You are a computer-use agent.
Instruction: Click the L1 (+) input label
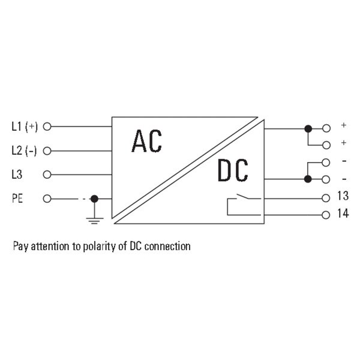tap(25, 127)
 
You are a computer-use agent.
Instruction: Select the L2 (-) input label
tap(24, 151)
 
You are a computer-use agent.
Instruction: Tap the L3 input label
tap(17, 175)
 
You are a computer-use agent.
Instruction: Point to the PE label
tap(17, 199)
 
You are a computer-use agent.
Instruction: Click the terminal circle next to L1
tap(47, 127)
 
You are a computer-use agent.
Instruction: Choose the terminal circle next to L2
tap(47, 151)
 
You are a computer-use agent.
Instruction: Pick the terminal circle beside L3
tap(47, 175)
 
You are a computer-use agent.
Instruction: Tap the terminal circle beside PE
tap(47, 199)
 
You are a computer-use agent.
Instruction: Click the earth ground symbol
tap(94, 220)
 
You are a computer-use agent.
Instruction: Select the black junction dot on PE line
tap(94, 199)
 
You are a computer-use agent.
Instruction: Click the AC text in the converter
tap(147, 141)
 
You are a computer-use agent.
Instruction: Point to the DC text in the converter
tap(233, 170)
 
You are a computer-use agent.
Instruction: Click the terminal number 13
tap(343, 196)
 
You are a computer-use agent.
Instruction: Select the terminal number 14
tap(343, 213)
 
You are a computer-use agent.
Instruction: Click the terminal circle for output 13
tap(326, 198)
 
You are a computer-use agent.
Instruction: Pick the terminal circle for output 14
tap(326, 215)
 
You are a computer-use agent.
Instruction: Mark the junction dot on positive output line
tap(308, 129)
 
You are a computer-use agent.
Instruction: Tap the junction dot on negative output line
tap(308, 179)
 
